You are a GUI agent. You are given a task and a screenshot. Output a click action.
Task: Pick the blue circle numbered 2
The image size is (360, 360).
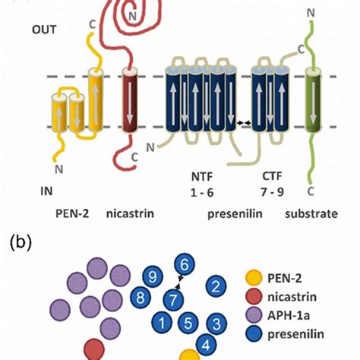(217, 286)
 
